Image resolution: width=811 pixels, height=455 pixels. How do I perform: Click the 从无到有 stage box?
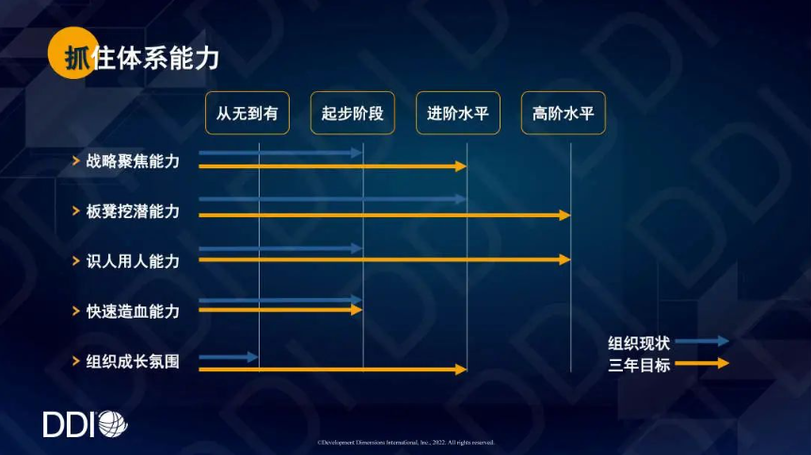247,113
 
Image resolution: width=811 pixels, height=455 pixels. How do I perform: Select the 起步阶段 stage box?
353,113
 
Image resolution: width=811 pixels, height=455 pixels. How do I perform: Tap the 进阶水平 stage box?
458,113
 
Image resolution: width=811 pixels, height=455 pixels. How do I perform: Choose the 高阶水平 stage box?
564,113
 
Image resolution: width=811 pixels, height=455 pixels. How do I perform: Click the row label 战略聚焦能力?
133,162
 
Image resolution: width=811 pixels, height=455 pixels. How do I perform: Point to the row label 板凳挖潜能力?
133,211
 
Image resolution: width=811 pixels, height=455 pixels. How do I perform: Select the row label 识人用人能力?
133,261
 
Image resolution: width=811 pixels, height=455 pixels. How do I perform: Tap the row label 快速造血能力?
133,311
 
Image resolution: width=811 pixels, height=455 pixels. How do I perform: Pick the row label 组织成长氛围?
133,361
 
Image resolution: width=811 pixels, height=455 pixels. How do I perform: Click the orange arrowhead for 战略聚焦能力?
461,166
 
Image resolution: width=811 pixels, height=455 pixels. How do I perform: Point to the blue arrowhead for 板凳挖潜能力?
461,199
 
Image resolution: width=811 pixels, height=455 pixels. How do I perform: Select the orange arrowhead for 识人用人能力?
565,259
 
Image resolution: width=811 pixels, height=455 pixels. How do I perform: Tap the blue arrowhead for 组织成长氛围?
252,357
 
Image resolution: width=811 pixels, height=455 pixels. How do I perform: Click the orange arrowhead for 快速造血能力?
357,309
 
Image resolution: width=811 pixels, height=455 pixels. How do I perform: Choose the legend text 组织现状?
639,343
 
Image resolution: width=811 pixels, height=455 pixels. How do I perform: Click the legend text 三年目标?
639,365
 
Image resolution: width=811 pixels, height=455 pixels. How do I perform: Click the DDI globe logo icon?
113,424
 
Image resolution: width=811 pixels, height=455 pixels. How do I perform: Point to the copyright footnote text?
406,443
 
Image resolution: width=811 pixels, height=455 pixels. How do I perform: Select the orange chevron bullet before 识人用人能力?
76,261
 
